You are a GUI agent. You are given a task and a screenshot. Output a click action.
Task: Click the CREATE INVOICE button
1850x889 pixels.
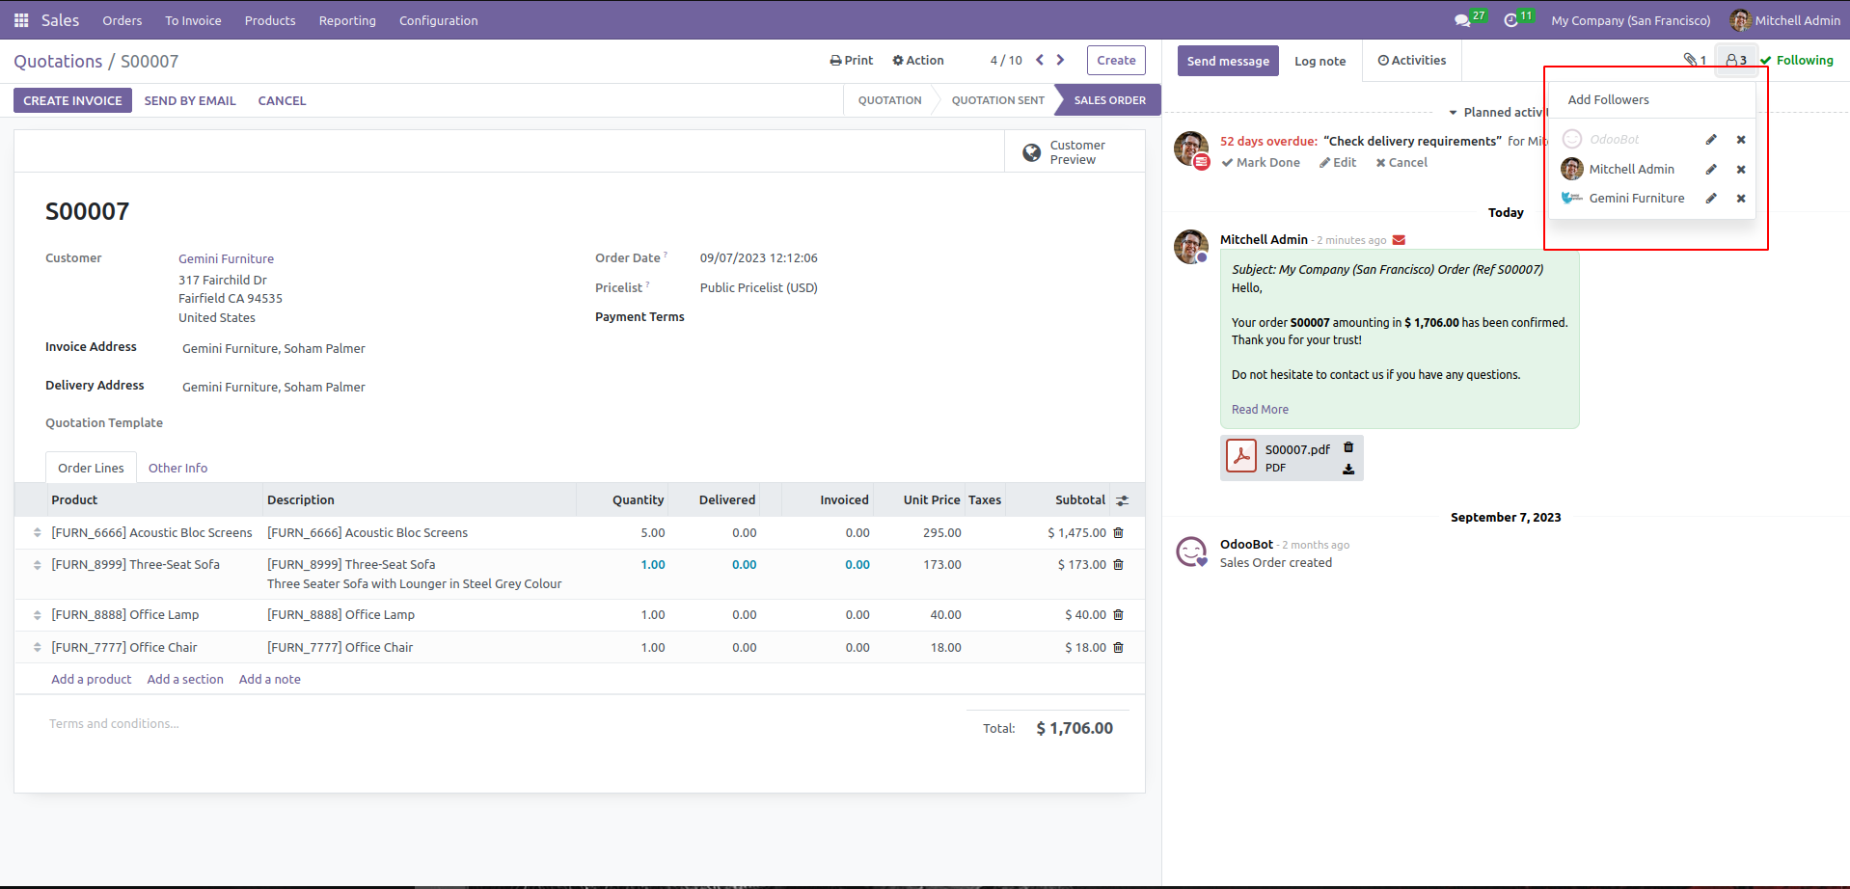pyautogui.click(x=72, y=100)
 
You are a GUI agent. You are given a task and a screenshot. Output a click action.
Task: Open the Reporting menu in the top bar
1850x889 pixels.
pyautogui.click(x=347, y=20)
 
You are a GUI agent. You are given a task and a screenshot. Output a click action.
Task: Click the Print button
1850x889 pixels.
pyautogui.click(x=852, y=60)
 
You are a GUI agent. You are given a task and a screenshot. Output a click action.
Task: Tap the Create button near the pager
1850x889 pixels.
pyautogui.click(x=1116, y=60)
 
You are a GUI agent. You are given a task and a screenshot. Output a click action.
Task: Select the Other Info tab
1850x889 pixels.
pyautogui.click(x=177, y=468)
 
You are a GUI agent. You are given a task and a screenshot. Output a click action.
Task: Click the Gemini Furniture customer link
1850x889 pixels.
pyautogui.click(x=226, y=258)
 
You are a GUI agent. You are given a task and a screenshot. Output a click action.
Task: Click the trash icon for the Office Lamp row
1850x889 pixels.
pyautogui.click(x=1119, y=614)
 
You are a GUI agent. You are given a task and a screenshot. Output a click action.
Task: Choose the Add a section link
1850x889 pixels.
pyautogui.click(x=185, y=679)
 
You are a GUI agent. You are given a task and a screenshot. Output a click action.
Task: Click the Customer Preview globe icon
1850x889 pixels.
pyautogui.click(x=1031, y=152)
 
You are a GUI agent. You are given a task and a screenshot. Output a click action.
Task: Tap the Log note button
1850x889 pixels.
pyautogui.click(x=1319, y=61)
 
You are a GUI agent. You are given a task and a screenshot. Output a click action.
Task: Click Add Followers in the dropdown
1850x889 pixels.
pyautogui.click(x=1608, y=99)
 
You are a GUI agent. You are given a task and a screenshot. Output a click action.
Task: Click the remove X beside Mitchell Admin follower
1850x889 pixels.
pyautogui.click(x=1741, y=170)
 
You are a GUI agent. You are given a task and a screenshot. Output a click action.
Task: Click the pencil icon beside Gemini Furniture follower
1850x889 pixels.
pyautogui.click(x=1711, y=199)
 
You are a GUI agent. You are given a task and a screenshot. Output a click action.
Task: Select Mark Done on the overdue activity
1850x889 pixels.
pyautogui.click(x=1261, y=163)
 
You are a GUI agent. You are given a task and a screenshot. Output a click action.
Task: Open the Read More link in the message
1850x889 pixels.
pyautogui.click(x=1260, y=410)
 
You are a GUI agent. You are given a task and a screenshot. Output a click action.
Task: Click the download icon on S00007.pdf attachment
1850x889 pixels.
pyautogui.click(x=1348, y=470)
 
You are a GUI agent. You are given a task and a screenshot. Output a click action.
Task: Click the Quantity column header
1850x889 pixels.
pyautogui.click(x=638, y=499)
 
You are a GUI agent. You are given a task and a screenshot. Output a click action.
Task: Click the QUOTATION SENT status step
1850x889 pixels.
pyautogui.click(x=997, y=100)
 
